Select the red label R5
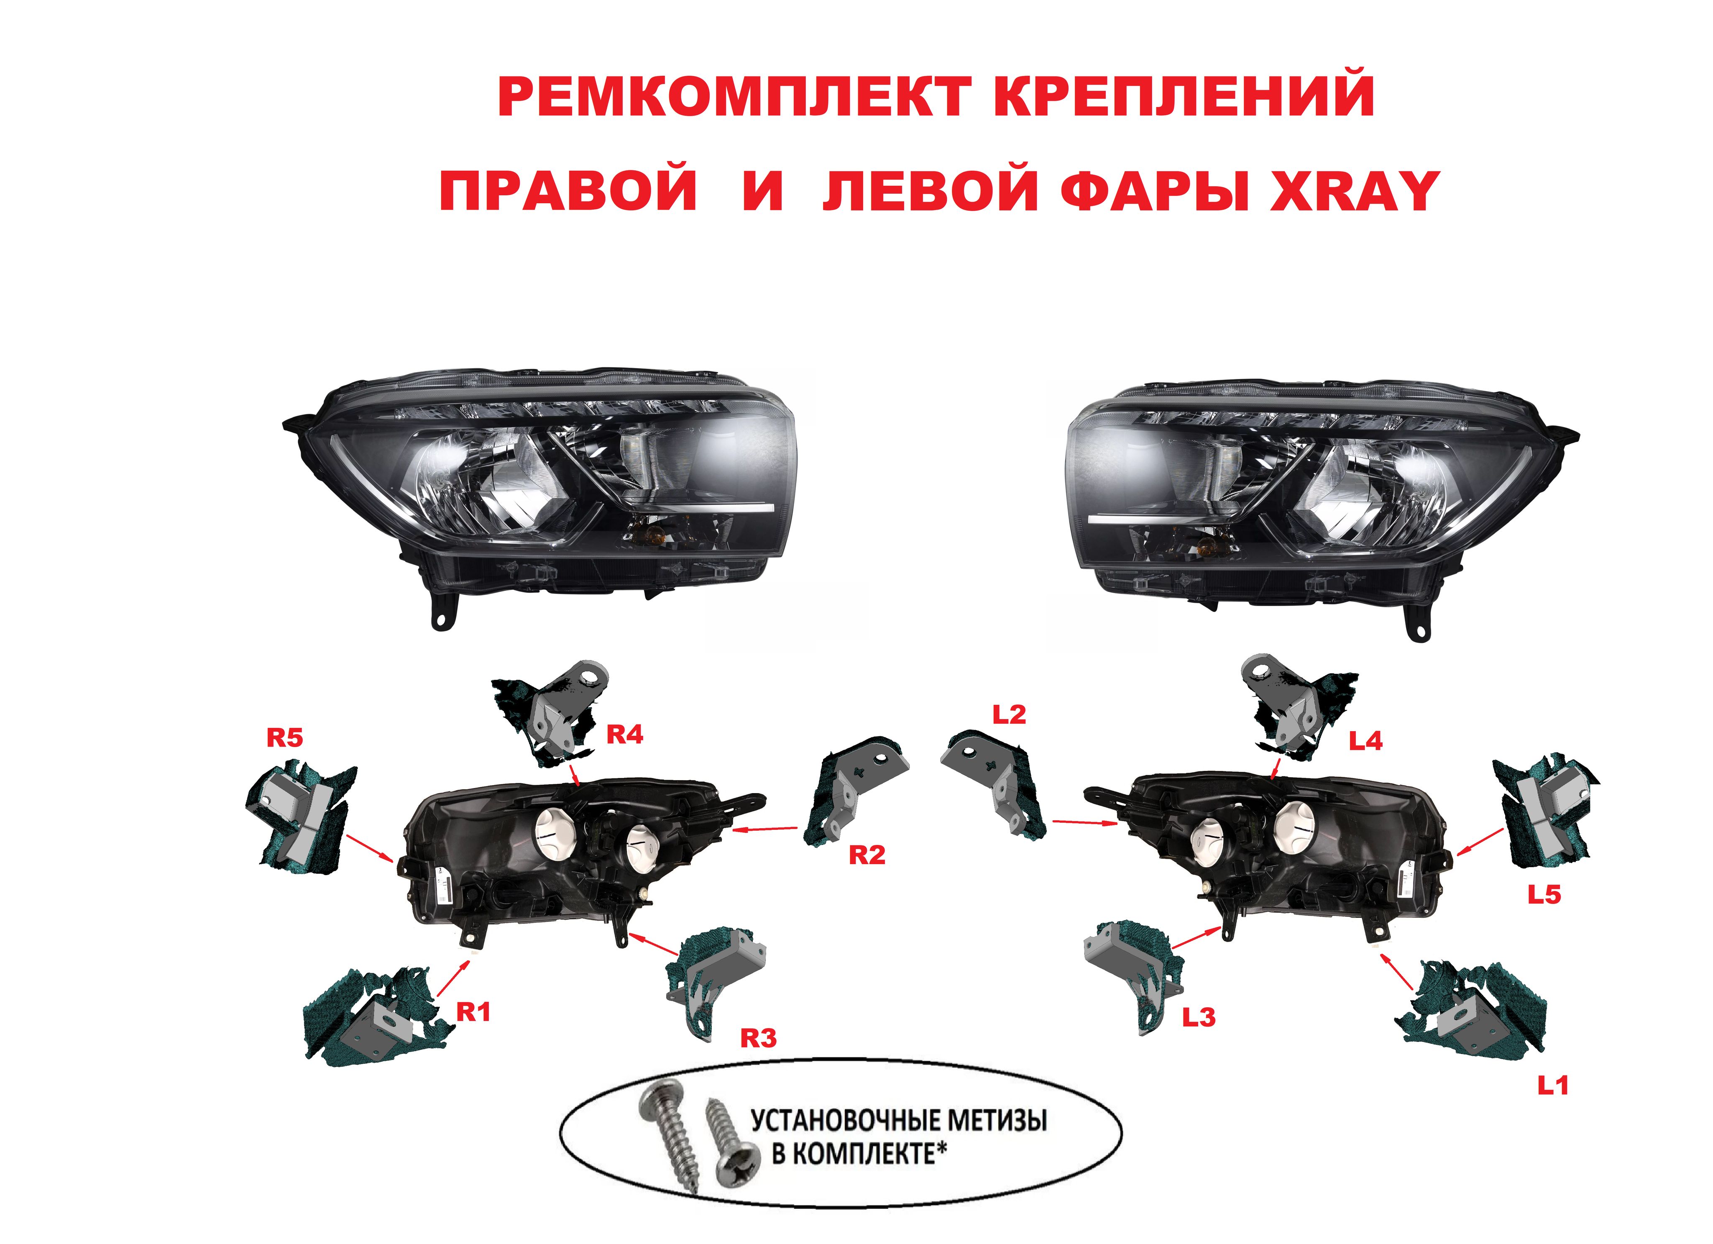click(285, 738)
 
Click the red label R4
click(625, 735)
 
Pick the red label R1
click(473, 1012)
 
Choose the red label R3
click(758, 1039)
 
